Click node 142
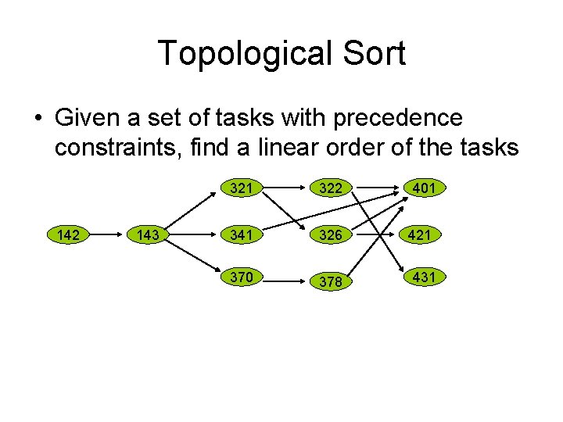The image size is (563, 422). pyautogui.click(x=69, y=234)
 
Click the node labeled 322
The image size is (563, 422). pyautogui.click(x=331, y=188)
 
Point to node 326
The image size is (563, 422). pyautogui.click(x=331, y=234)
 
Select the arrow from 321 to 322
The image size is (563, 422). pyautogui.click(x=285, y=188)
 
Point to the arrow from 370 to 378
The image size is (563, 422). pyautogui.click(x=285, y=279)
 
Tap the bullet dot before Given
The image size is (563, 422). pyautogui.click(x=38, y=120)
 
